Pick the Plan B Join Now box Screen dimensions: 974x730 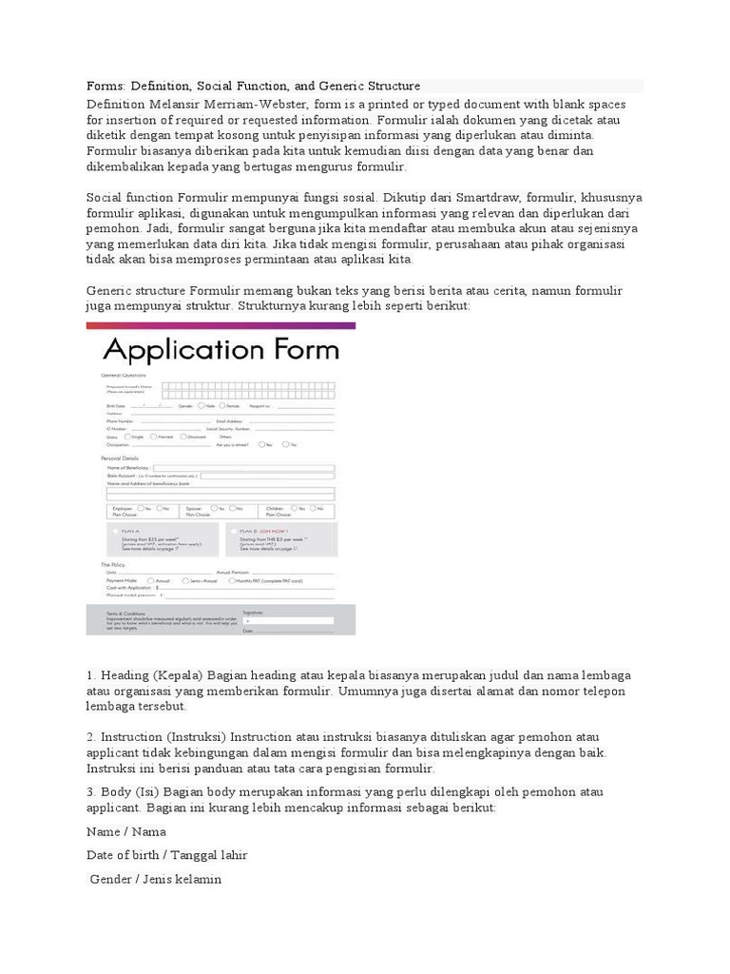click(280, 538)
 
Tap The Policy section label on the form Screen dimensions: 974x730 click(113, 564)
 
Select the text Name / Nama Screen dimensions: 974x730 click(126, 831)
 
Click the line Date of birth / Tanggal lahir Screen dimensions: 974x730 click(166, 855)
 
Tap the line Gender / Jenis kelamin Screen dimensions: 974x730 click(156, 879)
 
